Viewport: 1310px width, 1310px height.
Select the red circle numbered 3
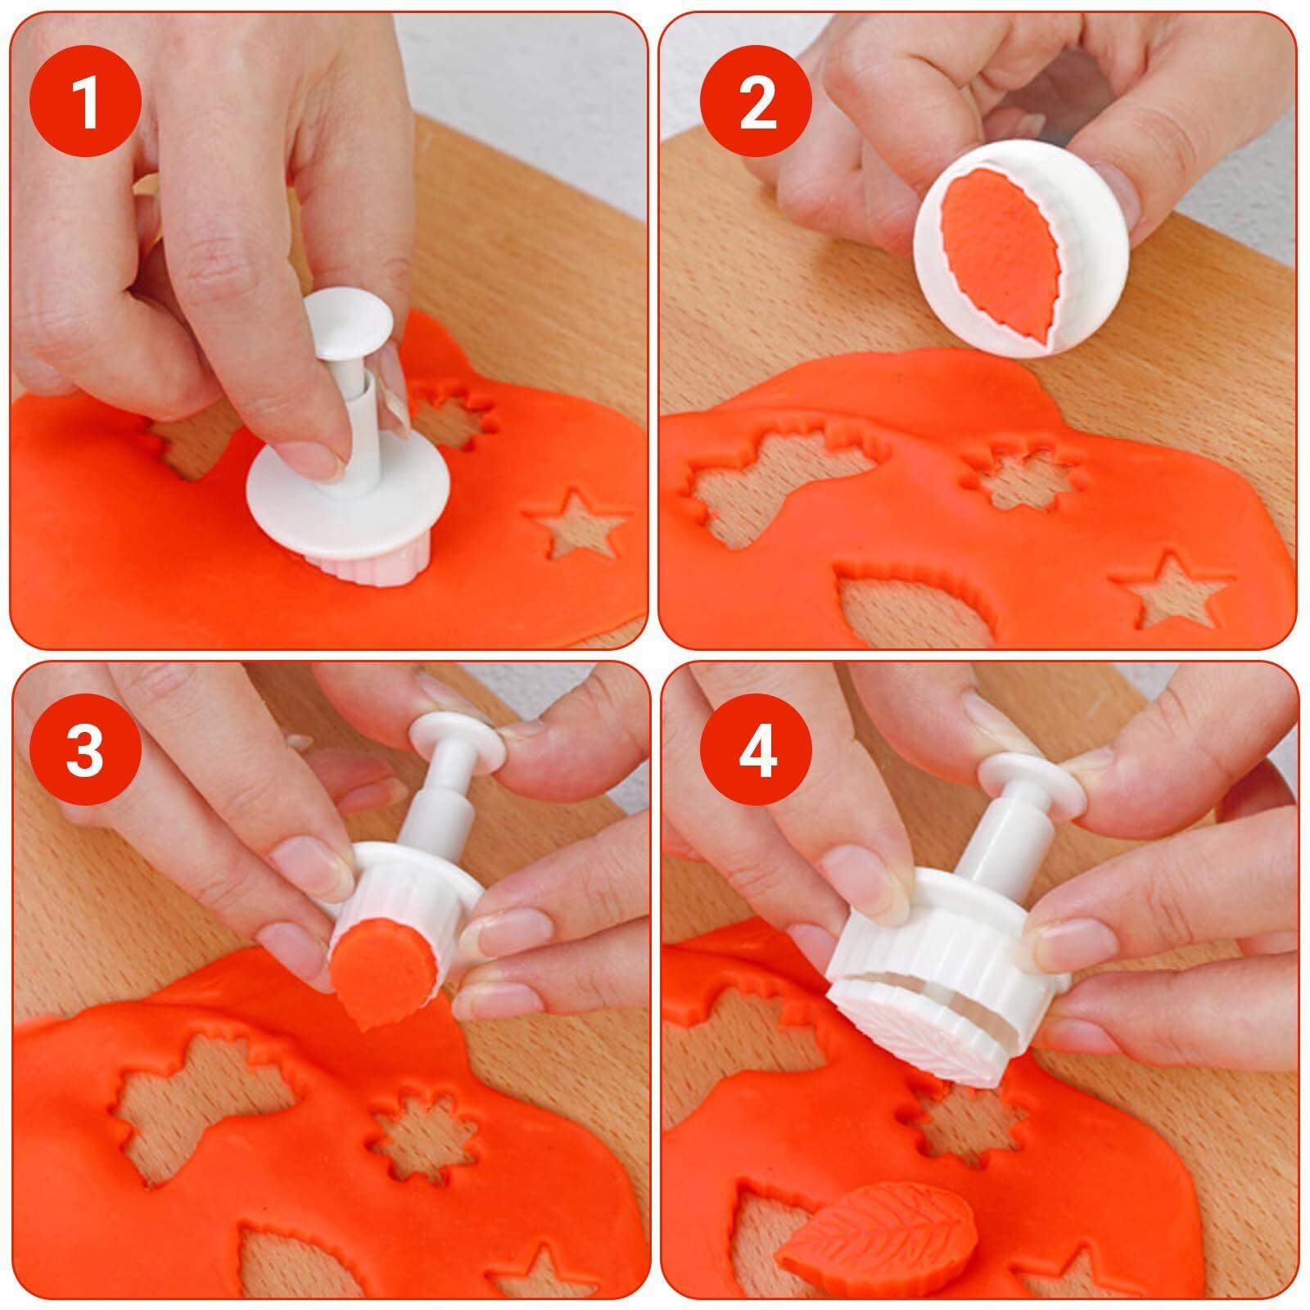[86, 751]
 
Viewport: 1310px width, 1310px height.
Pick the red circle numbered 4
[757, 751]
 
